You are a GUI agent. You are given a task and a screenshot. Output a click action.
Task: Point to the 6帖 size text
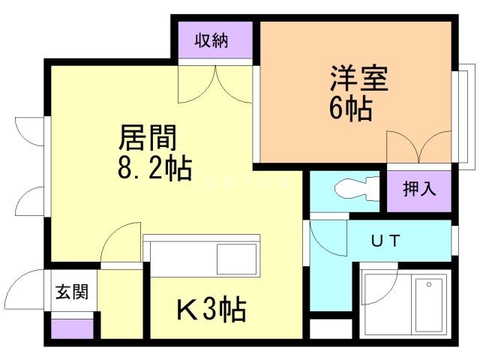pyautogui.click(x=350, y=109)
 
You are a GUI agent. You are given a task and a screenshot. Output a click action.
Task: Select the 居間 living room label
pyautogui.click(x=148, y=138)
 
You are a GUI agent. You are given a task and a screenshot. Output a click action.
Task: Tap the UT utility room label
pyautogui.click(x=387, y=241)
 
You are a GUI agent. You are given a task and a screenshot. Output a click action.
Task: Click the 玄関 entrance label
pyautogui.click(x=71, y=292)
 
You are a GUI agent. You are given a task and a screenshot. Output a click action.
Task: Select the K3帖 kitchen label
pyautogui.click(x=211, y=308)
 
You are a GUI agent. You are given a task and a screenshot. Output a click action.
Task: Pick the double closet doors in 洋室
pyautogui.click(x=419, y=147)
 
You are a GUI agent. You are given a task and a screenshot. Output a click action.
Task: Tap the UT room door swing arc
pyautogui.click(x=325, y=239)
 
